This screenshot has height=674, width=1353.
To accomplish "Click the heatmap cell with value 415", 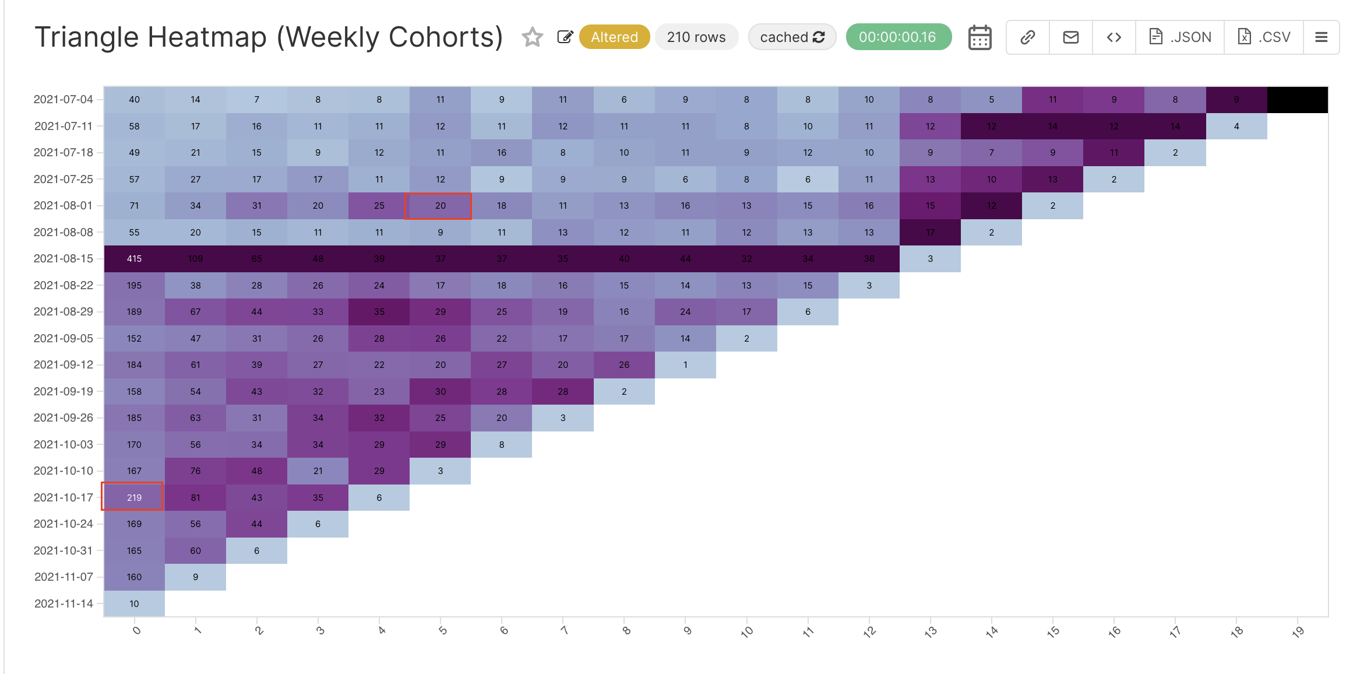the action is click(134, 259).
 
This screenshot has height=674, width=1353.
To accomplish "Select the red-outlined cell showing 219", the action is click(134, 497).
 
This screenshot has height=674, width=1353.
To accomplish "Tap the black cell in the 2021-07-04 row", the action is click(1298, 100).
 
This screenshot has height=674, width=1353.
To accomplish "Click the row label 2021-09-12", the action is click(63, 365).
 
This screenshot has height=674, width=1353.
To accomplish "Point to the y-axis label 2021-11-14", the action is click(63, 603).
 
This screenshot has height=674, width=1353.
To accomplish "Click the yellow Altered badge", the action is click(614, 37).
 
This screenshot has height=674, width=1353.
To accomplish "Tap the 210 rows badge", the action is click(696, 37).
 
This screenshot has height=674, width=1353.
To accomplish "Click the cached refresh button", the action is click(792, 37).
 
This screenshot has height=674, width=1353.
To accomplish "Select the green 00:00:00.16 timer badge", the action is click(898, 37).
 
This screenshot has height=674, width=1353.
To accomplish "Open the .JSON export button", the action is click(1180, 37).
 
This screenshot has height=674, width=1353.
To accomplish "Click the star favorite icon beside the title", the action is click(532, 37).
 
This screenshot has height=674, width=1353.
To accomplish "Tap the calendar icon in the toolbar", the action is click(979, 38).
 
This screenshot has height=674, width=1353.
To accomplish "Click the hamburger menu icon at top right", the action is click(1321, 37).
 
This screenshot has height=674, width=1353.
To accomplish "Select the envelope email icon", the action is click(1070, 37).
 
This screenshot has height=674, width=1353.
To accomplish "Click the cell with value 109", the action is click(195, 259).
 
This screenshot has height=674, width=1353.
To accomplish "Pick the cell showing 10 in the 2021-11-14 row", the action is click(134, 603).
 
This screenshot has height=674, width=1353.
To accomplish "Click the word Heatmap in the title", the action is click(207, 37).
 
